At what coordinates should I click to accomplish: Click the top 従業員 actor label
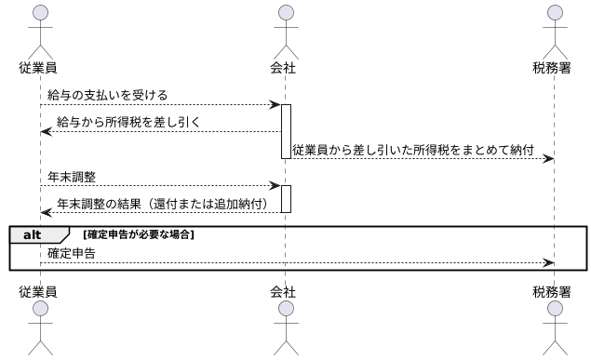39,68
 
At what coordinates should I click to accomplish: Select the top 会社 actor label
285,68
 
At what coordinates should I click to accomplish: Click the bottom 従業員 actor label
39,291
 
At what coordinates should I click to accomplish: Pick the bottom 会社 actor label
285,291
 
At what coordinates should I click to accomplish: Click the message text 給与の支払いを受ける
108,95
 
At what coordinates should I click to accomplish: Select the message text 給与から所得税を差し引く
128,122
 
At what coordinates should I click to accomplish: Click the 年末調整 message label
73,175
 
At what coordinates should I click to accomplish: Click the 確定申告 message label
73,252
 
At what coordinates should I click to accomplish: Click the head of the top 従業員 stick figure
39,12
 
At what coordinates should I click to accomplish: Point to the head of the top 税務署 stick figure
556,12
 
